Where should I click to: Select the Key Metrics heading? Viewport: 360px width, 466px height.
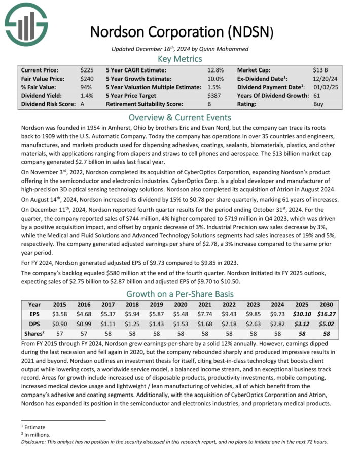(x=180, y=59)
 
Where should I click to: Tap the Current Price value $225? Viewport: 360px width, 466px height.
(x=87, y=70)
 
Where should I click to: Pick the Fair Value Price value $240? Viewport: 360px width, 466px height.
(x=87, y=79)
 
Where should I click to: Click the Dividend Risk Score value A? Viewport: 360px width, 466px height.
(x=83, y=104)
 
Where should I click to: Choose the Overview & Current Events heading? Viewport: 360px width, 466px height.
(x=180, y=118)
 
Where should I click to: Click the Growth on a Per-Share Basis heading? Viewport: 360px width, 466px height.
(x=180, y=294)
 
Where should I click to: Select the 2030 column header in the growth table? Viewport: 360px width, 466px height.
(x=326, y=305)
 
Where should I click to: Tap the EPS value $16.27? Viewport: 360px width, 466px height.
(x=326, y=314)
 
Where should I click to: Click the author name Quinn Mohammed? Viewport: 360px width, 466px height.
(x=210, y=48)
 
